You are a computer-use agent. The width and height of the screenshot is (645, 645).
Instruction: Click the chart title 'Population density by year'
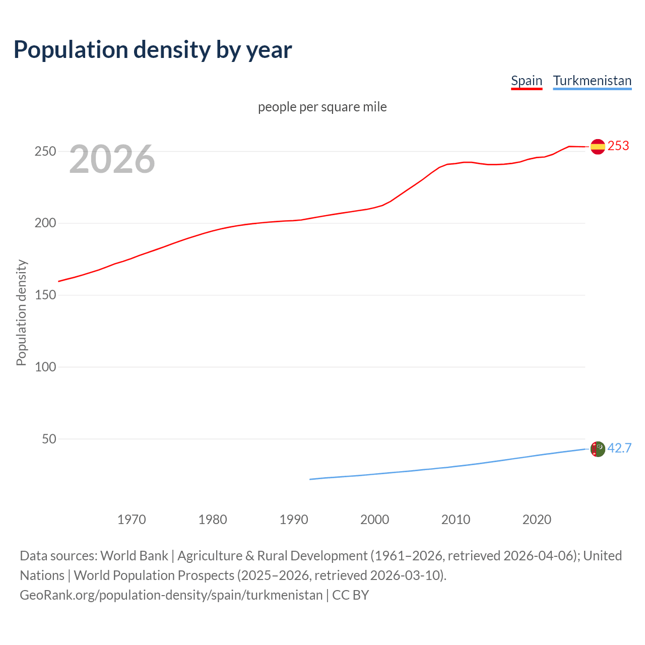[x=153, y=49]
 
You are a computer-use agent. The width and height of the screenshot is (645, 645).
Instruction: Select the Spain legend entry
[x=526, y=81]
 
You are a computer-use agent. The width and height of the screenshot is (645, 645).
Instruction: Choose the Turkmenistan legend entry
[x=592, y=81]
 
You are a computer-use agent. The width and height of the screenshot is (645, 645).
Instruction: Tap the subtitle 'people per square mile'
[x=322, y=107]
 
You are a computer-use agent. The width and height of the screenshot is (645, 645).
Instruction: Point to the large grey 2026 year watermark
[x=112, y=159]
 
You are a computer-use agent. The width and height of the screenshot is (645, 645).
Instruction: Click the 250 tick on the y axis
[x=45, y=151]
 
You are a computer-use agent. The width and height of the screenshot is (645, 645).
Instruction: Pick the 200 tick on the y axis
[x=45, y=223]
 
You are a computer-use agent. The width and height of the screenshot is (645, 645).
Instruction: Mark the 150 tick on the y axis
[x=45, y=295]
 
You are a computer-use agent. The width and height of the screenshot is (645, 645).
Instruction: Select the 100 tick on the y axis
[x=45, y=367]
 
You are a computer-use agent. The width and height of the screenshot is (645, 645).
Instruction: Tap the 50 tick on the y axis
[x=49, y=439]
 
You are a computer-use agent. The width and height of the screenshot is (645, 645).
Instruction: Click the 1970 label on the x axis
[x=132, y=520]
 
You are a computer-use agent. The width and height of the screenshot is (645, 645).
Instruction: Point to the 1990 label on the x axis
[x=294, y=520]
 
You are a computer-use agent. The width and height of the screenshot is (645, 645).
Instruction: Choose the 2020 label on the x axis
[x=537, y=520]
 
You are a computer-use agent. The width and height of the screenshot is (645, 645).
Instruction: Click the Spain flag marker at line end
[x=598, y=147]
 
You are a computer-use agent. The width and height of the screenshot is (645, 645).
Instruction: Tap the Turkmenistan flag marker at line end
[x=598, y=448]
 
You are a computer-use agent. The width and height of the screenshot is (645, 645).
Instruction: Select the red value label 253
[x=618, y=146]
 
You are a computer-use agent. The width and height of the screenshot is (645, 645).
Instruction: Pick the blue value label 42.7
[x=619, y=448]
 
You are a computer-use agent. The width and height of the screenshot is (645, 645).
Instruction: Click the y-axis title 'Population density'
[x=21, y=312]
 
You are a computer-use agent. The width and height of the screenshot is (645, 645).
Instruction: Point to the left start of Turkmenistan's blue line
[x=310, y=479]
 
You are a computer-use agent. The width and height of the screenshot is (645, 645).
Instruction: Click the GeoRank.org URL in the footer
[x=171, y=595]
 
